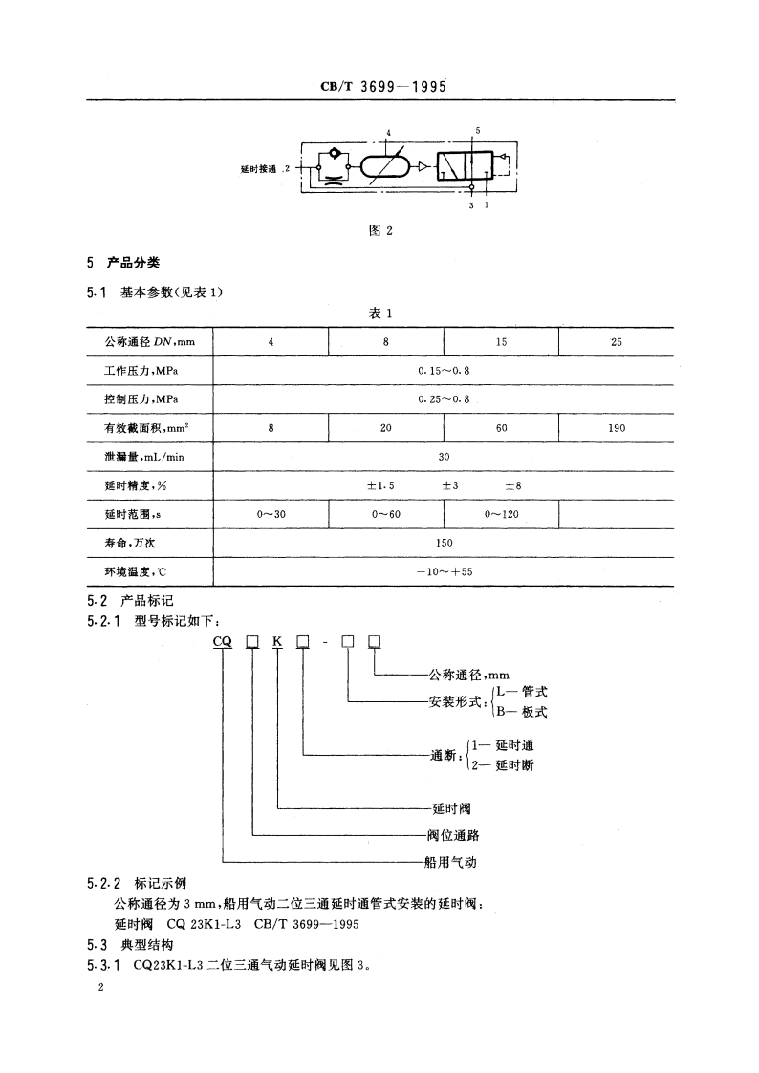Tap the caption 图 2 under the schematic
[381, 230]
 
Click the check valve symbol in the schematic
[335, 154]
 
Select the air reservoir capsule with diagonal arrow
[386, 167]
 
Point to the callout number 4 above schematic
[388, 133]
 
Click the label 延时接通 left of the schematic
[258, 168]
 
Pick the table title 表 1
[381, 313]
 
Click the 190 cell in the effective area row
[617, 428]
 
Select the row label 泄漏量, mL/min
[143, 457]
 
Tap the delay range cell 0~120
[501, 514]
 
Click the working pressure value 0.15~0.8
[444, 370]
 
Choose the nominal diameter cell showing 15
[501, 342]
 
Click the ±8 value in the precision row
[513, 485]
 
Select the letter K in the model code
[277, 641]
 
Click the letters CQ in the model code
[223, 641]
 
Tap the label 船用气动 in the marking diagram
[450, 862]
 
